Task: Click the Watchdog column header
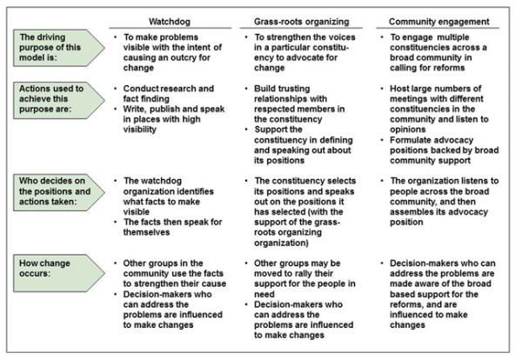[x=170, y=22]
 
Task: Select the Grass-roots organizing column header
[x=302, y=22]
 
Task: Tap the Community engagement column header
[x=439, y=22]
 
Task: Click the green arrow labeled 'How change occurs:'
[x=59, y=273]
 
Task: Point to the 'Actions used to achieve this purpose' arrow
[x=59, y=100]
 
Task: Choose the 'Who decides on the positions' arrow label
[x=59, y=192]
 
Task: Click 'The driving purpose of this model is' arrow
[x=59, y=48]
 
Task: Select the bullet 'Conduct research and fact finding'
[x=169, y=94]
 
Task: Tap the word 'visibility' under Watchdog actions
[x=139, y=130]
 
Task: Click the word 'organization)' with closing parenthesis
[x=281, y=243]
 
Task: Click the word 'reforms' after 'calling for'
[x=448, y=68]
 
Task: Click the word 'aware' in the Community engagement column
[x=426, y=283]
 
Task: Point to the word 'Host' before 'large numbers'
[x=398, y=89]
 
